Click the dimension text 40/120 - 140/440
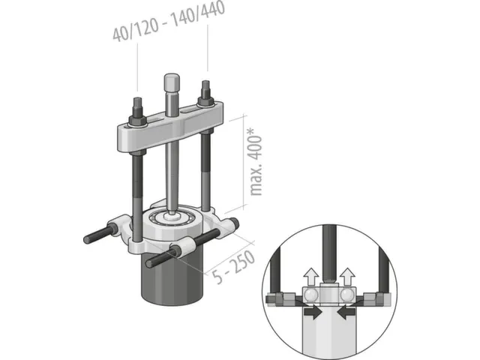(x=169, y=21)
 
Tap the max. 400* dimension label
(x=256, y=162)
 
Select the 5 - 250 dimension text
(x=234, y=267)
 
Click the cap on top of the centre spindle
(x=172, y=81)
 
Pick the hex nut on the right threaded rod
(x=205, y=100)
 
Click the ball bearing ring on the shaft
(x=171, y=218)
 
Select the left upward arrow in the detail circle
(x=311, y=277)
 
